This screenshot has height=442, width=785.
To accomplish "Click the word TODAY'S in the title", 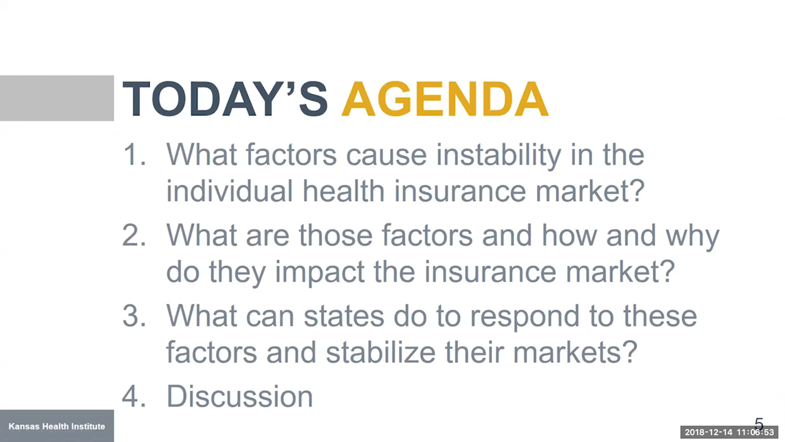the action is (x=225, y=99).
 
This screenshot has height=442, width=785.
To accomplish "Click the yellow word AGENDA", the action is (x=445, y=99).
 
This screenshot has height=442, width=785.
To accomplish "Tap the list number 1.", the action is (x=134, y=155).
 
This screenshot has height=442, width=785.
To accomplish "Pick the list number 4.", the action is (x=134, y=396).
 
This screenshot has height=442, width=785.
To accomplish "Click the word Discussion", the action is (x=240, y=396).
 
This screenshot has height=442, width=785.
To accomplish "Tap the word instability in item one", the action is (x=498, y=155).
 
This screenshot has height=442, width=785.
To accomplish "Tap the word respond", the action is (x=525, y=317).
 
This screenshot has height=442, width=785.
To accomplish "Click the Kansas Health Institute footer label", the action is (x=57, y=426).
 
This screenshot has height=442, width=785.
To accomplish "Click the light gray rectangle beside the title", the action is (x=57, y=98).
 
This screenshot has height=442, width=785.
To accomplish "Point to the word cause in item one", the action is (x=386, y=156).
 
